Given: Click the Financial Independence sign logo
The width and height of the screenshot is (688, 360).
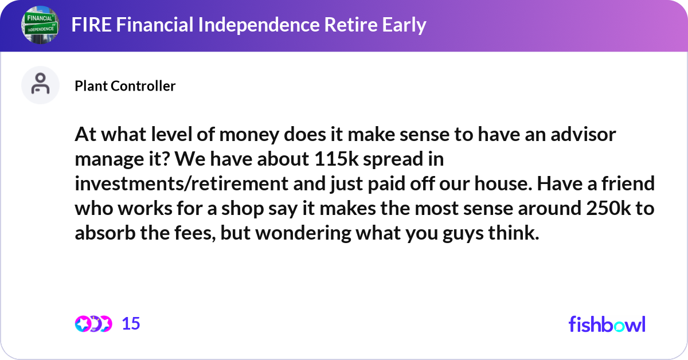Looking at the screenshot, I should (40, 26).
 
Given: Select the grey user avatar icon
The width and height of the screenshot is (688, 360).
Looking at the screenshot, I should (40, 85).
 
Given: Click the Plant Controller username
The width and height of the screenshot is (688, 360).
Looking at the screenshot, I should (125, 86).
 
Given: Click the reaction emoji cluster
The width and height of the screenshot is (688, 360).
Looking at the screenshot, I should (93, 324).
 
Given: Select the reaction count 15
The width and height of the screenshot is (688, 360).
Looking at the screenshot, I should (131, 324).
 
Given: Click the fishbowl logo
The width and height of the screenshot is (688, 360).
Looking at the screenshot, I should (607, 324).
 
